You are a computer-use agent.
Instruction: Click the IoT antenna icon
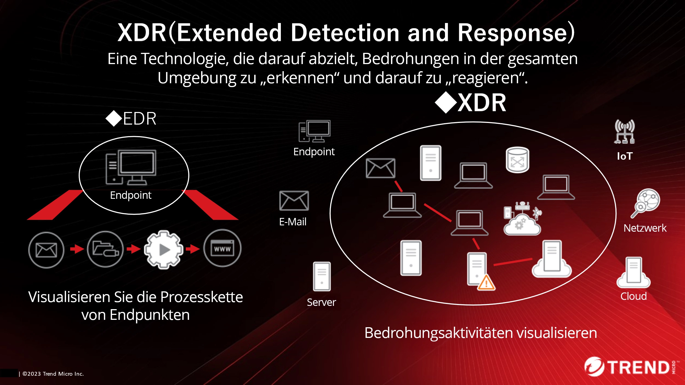point(624,132)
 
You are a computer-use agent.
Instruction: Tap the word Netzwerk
point(645,228)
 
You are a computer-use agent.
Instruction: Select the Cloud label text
point(633,296)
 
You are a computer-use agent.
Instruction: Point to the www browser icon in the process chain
point(222,248)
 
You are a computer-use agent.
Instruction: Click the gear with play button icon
point(164,249)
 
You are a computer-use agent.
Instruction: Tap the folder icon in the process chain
point(105,249)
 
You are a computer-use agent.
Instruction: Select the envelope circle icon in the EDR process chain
point(46,250)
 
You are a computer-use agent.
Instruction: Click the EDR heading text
point(139,119)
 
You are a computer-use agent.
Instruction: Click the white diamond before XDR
point(446,102)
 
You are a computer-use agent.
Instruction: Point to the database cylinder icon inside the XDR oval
point(517,160)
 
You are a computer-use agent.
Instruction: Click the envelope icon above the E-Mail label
point(294,201)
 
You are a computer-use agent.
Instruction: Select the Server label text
point(321,302)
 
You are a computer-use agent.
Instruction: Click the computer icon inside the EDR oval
point(131,167)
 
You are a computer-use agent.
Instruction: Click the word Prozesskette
point(201,297)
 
